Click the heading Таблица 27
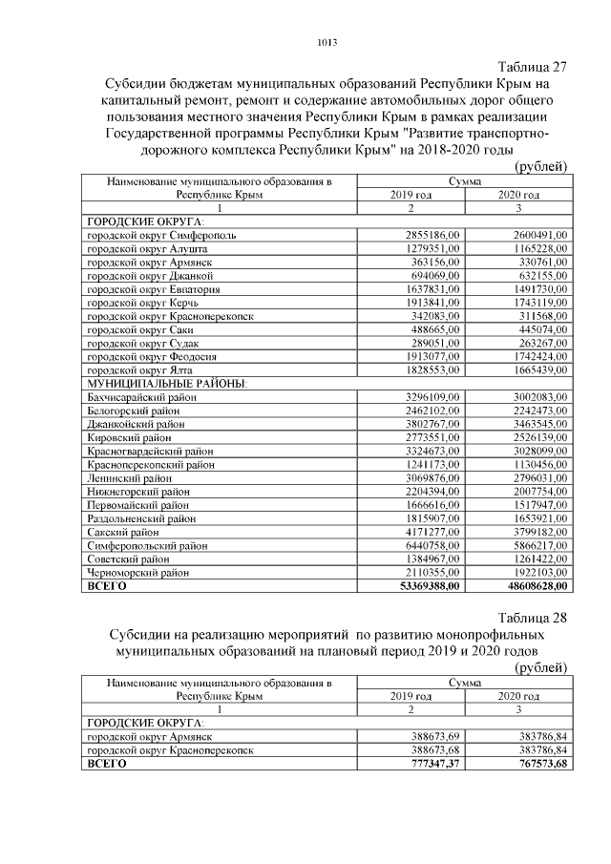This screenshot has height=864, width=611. [x=534, y=67]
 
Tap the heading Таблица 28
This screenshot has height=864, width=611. [x=534, y=617]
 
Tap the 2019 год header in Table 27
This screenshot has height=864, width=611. [x=411, y=195]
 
